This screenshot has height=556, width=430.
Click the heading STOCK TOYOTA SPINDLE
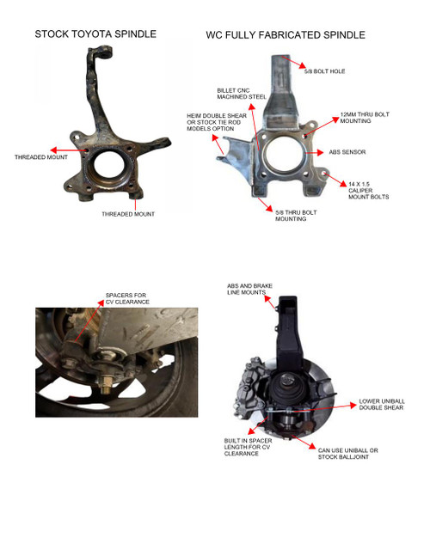pyautogui.click(x=95, y=34)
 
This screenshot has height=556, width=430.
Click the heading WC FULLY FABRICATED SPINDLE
pyautogui.click(x=286, y=35)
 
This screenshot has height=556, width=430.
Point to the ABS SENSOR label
pyautogui.click(x=347, y=152)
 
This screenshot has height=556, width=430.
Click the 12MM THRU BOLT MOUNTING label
pyautogui.click(x=354, y=117)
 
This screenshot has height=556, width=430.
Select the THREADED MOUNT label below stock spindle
pyautogui.click(x=128, y=214)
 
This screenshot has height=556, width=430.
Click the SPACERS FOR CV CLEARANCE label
pyautogui.click(x=126, y=298)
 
